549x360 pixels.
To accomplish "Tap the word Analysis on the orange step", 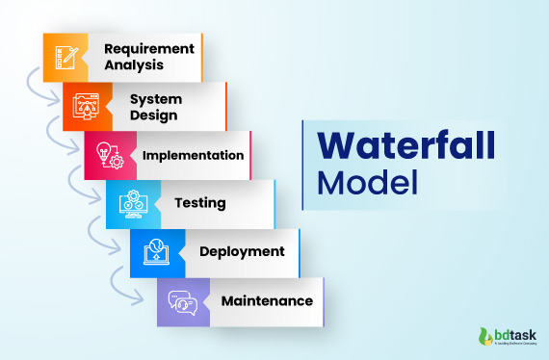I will [x=134, y=65].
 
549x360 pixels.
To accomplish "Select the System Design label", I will [x=153, y=106].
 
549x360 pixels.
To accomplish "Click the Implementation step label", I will [x=193, y=155].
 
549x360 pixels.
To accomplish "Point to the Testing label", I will [x=200, y=203].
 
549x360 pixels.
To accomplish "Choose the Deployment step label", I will [x=242, y=251].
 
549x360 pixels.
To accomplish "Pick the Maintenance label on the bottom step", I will [x=267, y=300].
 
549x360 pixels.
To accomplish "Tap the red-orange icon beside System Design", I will [x=85, y=106].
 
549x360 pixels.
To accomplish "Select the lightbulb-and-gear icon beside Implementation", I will [x=107, y=155].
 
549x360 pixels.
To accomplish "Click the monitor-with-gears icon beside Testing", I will [x=130, y=204].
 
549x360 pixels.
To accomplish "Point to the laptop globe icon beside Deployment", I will [x=153, y=252].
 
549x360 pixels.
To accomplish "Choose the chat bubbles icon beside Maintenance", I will [x=179, y=301].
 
